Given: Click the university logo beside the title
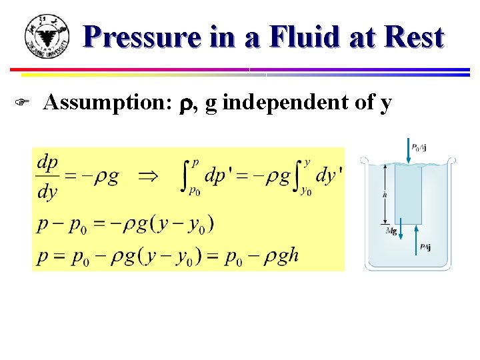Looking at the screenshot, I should tap(47, 36).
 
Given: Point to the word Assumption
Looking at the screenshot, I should tap(99, 103).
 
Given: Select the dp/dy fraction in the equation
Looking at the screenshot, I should tap(47, 177).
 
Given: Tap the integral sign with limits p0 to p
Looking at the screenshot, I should tap(188, 177).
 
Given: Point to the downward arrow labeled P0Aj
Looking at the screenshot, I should tap(408, 152).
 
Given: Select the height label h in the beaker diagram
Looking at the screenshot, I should tap(385, 194).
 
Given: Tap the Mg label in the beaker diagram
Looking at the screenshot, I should tap(391, 231).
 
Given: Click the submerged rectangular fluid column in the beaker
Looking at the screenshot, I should tap(408, 193).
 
